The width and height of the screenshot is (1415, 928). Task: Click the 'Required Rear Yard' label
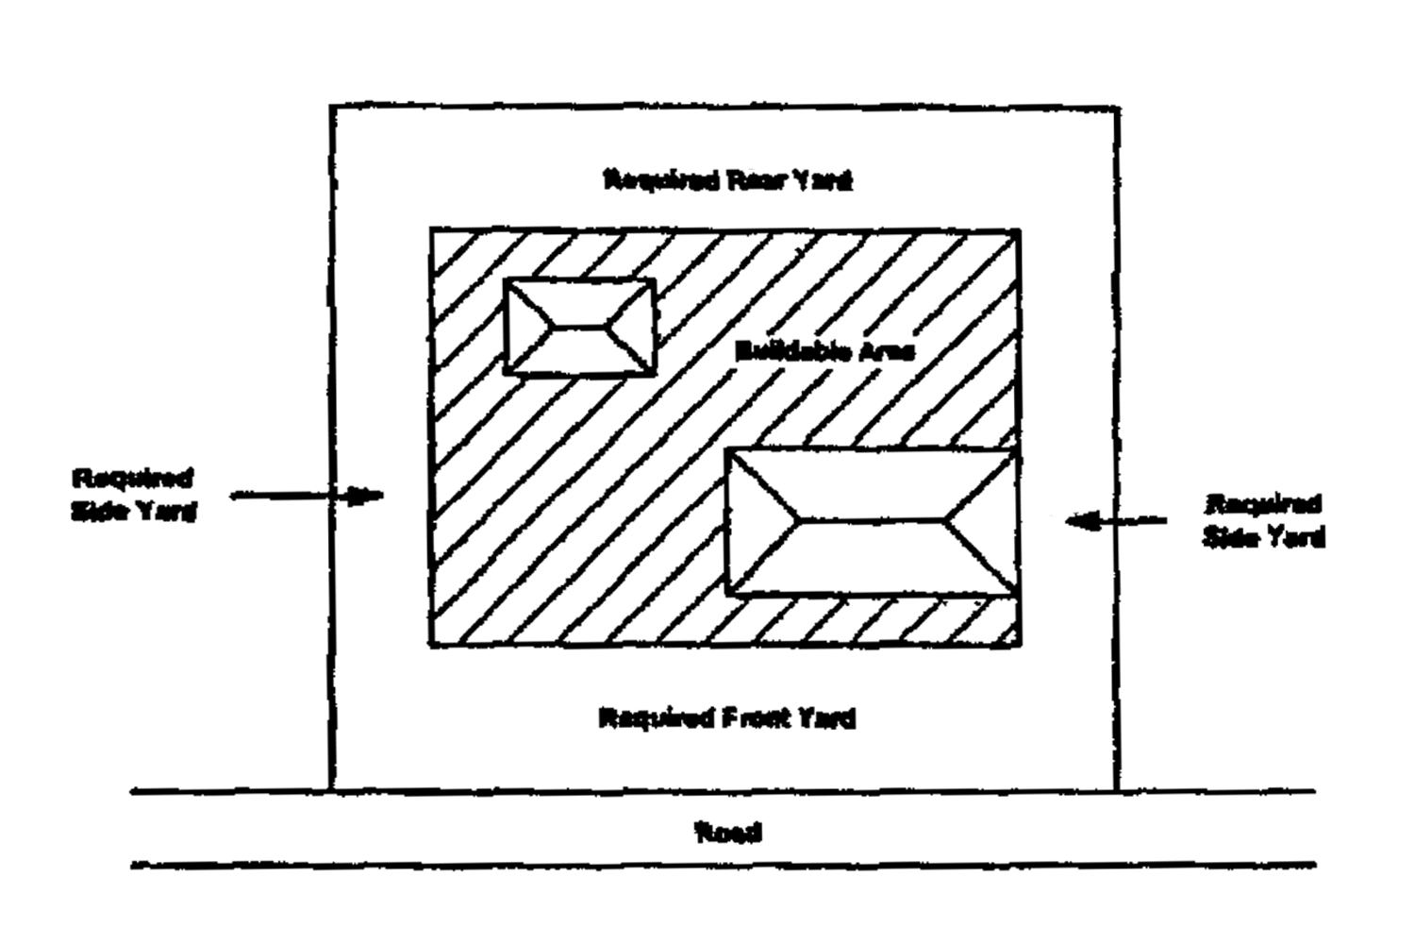(727, 179)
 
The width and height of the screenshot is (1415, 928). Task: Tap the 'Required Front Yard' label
(727, 718)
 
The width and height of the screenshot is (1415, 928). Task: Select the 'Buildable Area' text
(824, 352)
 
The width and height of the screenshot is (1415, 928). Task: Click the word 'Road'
(727, 833)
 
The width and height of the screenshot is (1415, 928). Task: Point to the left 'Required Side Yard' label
(134, 495)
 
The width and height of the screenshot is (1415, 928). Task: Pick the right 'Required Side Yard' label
(1263, 520)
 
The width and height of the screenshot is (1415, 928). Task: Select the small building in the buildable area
(579, 327)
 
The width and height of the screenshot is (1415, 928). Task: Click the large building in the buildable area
(871, 521)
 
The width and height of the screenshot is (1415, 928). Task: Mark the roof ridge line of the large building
(871, 519)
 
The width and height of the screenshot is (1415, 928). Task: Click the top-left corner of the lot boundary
(331, 107)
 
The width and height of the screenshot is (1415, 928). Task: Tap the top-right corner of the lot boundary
(1119, 110)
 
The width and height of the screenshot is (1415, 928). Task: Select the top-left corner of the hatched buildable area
(431, 229)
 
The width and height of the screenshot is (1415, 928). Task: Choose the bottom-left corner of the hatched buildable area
(431, 645)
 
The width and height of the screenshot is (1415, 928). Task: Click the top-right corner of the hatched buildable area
(1019, 230)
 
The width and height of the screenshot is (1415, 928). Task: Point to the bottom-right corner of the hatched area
(1019, 645)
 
